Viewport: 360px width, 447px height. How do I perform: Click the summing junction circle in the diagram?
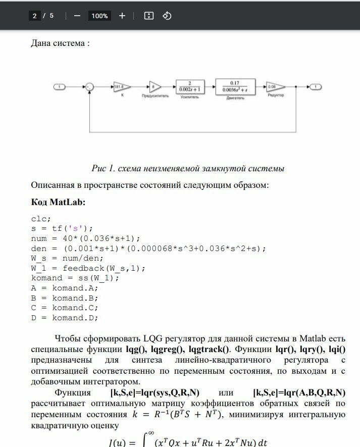tap(89, 87)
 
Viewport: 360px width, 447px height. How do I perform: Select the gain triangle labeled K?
tap(121, 87)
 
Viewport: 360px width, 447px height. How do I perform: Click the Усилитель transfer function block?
tap(190, 87)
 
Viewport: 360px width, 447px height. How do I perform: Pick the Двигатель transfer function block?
tap(234, 87)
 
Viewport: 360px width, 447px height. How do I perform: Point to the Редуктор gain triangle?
tap(275, 87)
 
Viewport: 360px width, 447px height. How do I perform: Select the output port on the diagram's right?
tap(315, 87)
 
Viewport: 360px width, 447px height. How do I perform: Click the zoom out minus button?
tap(77, 16)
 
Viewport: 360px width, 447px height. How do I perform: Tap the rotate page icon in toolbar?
tap(167, 16)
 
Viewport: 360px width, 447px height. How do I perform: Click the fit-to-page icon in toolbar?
tap(148, 16)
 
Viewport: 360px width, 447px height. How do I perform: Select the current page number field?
tap(34, 16)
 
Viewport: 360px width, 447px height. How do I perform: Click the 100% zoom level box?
tap(99, 16)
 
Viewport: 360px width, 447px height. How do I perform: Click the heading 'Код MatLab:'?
tap(59, 202)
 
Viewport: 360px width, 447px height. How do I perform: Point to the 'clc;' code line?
tap(41, 219)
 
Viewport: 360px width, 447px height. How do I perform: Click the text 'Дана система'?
tap(60, 43)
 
